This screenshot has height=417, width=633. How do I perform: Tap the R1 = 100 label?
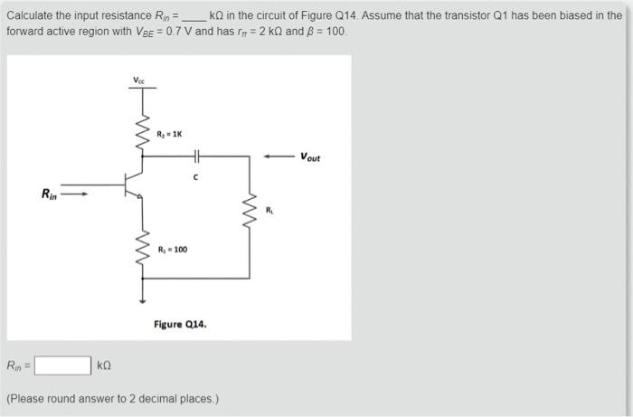pyautogui.click(x=172, y=249)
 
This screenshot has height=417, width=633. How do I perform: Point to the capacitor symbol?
pyautogui.click(x=196, y=156)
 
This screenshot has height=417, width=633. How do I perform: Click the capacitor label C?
pyautogui.click(x=196, y=176)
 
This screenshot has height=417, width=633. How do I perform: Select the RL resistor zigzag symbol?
pyautogui.click(x=250, y=211)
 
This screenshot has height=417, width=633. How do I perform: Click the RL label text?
pyautogui.click(x=269, y=212)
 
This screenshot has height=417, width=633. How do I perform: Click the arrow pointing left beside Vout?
pyautogui.click(x=279, y=156)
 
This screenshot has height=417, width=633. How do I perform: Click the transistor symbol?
pyautogui.click(x=134, y=184)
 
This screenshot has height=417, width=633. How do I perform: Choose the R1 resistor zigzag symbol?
pyautogui.click(x=141, y=246)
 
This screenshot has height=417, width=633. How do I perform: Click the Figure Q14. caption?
pyautogui.click(x=180, y=323)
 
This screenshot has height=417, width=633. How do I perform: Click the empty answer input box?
pyautogui.click(x=62, y=366)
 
